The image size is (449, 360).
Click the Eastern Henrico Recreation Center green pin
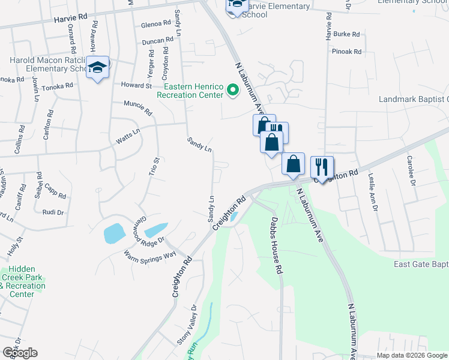pyautogui.click(x=233, y=91)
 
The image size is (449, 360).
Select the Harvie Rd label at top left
pyautogui.click(x=70, y=20)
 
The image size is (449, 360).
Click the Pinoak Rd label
pyautogui.click(x=346, y=52)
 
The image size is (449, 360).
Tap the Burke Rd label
pyautogui.click(x=347, y=35)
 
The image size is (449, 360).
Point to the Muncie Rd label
pyautogui.click(x=137, y=108)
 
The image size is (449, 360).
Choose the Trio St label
pyautogui.click(x=153, y=166)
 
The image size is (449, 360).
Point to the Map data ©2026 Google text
pyautogui.click(x=411, y=355)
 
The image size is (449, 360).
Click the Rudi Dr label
pyautogui.click(x=53, y=212)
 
